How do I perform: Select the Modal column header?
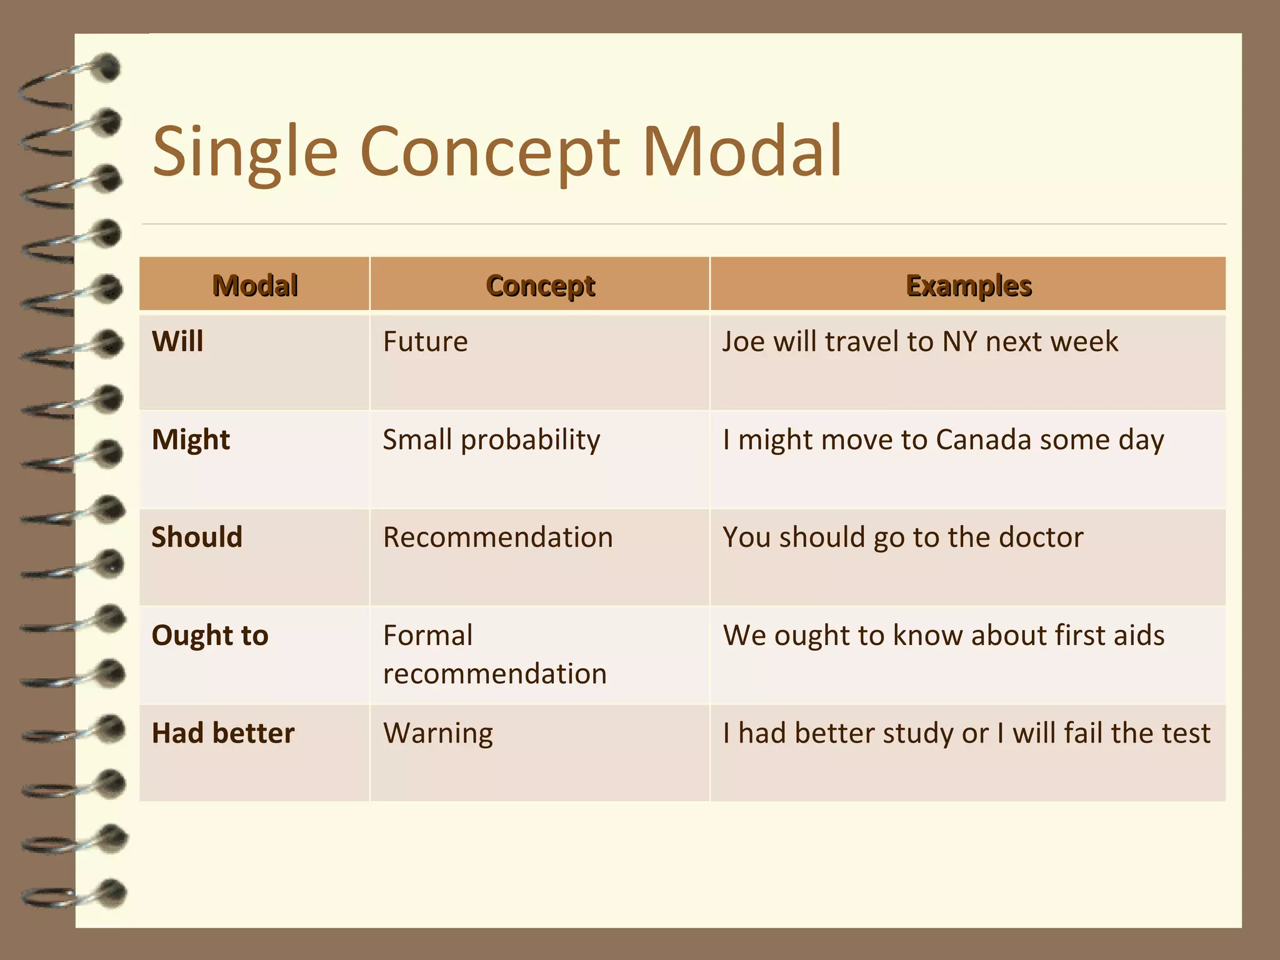point(255,286)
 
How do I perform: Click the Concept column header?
point(541,286)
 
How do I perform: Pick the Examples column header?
point(968,286)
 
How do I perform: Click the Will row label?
point(177,342)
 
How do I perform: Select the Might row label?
point(191,440)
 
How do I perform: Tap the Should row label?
point(197,537)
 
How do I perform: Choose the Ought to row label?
point(210,636)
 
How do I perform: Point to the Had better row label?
point(223,733)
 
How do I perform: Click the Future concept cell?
point(425,342)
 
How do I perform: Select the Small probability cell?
point(491,440)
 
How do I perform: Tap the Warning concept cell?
point(437,733)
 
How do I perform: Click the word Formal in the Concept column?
point(427,636)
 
